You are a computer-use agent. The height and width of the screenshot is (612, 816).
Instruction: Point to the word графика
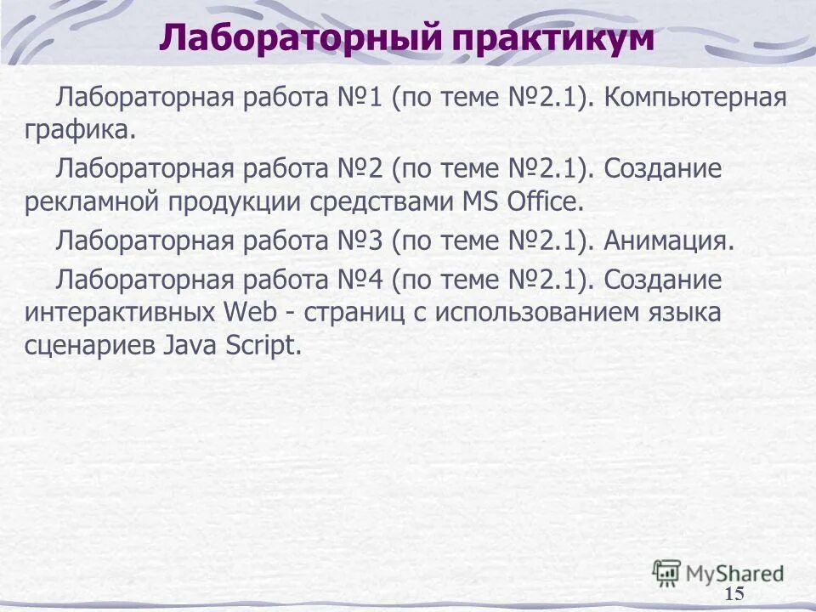tap(79, 130)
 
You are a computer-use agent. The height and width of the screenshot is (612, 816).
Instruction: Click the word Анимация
tap(669, 241)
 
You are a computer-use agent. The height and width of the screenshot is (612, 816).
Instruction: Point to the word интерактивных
tap(119, 312)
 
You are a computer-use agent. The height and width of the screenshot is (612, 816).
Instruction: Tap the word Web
tap(250, 312)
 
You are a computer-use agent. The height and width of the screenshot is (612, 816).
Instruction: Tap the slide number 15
tap(735, 593)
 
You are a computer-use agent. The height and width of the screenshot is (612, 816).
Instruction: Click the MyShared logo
tap(718, 573)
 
